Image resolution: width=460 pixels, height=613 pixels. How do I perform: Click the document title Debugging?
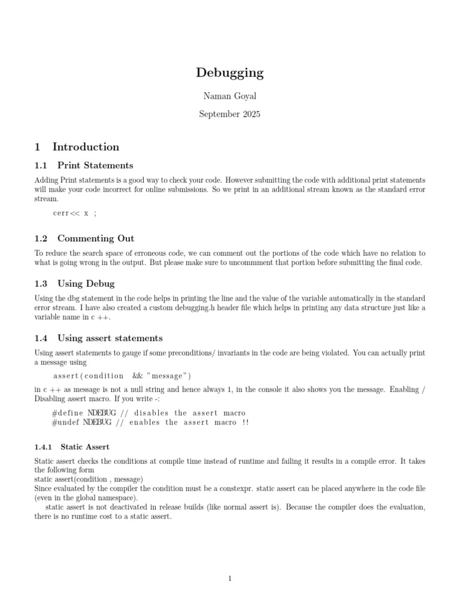coord(229,73)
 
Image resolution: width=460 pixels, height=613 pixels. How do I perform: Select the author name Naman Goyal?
coord(229,96)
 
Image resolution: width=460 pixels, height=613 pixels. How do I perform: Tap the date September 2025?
coord(229,114)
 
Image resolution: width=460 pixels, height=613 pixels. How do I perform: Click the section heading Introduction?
coord(86,147)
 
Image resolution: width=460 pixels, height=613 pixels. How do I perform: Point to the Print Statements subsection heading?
coord(95,165)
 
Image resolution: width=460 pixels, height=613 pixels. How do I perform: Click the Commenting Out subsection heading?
coord(96,238)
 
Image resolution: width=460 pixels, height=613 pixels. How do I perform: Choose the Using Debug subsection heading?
coord(86,283)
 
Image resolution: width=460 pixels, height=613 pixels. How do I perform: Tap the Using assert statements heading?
coord(110,338)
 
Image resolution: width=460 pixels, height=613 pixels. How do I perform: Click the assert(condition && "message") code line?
coord(122,375)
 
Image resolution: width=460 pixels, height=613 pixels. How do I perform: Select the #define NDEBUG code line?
coord(149,412)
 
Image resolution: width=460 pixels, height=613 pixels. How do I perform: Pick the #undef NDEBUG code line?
coord(150,422)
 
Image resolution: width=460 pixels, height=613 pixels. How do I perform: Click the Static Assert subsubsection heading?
coord(84,447)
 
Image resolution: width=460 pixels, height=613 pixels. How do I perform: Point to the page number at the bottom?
coord(229,578)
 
